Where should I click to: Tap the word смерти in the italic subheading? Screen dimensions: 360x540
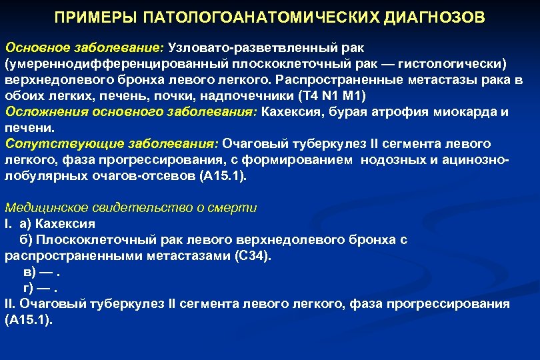coord(236,207)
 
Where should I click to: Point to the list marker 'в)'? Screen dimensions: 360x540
coord(29,271)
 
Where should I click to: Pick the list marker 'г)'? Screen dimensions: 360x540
coord(29,287)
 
